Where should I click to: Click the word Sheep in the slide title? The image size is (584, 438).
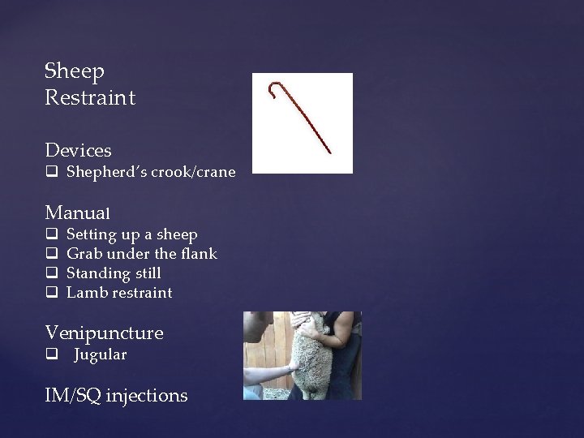coord(75,72)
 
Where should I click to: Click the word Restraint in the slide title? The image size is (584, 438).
coord(90,98)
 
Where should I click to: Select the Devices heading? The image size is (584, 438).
coord(79,150)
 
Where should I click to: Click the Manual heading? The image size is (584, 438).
coord(78,213)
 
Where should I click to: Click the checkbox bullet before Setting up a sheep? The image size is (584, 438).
coord(51,235)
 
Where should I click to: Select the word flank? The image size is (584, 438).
coord(200,254)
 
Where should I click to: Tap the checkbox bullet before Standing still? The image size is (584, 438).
coord(51,274)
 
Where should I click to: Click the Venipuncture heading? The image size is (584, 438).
coord(104,333)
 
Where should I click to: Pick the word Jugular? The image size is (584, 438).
coord(101,354)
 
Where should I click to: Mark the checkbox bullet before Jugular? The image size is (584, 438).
coord(51,355)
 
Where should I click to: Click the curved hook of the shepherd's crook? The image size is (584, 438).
coord(278,88)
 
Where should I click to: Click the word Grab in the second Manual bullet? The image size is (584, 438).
coord(84,254)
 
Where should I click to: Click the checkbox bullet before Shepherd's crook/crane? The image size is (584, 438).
coord(51,173)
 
